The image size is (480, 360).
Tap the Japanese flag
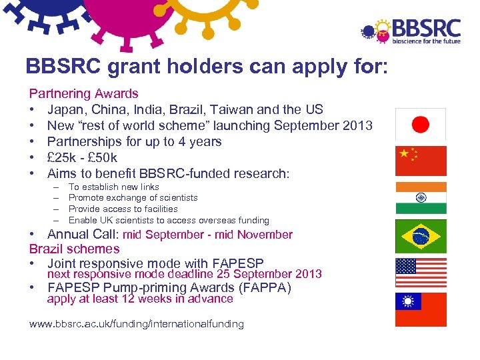(x=421, y=124)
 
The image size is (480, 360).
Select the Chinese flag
(x=421, y=161)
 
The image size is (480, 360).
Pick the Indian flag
(x=421, y=197)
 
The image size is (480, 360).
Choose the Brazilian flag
(x=421, y=236)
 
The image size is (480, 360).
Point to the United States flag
(x=421, y=272)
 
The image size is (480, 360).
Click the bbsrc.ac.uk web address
(x=137, y=324)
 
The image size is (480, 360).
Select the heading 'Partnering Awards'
(x=83, y=94)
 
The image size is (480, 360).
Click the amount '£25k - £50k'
(x=82, y=157)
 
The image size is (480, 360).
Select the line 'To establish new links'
(x=114, y=187)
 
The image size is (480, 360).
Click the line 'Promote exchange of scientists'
(x=133, y=197)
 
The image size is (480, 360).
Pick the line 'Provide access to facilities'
(x=123, y=209)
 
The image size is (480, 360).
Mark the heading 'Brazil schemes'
(x=74, y=249)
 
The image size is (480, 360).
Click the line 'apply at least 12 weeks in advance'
(x=140, y=299)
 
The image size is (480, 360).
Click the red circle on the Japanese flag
(x=421, y=124)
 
